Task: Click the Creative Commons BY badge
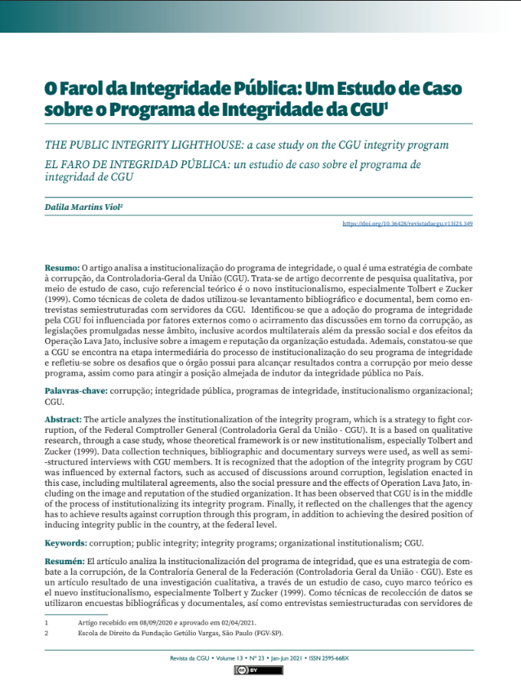point(259,670)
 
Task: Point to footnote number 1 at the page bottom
point(47,622)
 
